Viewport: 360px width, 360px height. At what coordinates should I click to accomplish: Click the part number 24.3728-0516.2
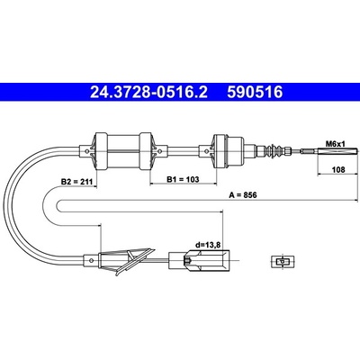click(148, 92)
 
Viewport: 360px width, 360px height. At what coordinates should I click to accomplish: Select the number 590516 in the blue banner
click(255, 92)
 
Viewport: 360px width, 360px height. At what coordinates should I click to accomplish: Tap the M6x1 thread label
click(336, 144)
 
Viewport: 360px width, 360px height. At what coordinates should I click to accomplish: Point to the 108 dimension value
click(338, 170)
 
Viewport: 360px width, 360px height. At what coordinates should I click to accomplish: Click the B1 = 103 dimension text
click(183, 179)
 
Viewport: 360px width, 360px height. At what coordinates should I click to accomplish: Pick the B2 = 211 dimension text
click(77, 182)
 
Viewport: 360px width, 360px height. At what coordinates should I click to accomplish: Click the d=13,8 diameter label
click(208, 245)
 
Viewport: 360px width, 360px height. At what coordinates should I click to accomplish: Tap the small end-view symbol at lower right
click(283, 262)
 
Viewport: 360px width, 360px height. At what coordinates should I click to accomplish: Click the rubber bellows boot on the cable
click(275, 150)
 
